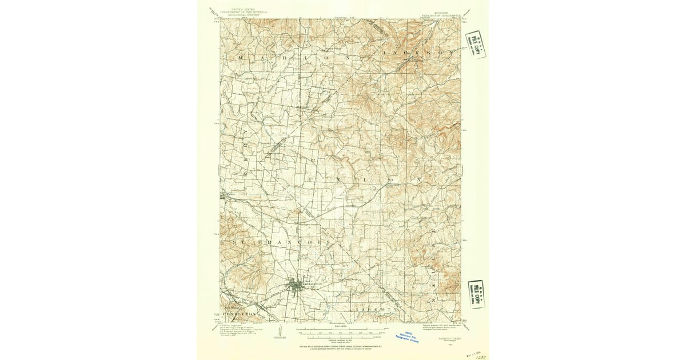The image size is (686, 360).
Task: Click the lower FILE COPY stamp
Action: point(476,294)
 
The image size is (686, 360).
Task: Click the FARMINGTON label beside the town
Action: point(313,284)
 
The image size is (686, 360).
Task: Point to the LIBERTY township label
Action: point(375,309)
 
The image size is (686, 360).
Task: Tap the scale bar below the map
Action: point(342,330)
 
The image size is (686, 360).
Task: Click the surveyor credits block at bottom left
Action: point(235,330)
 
